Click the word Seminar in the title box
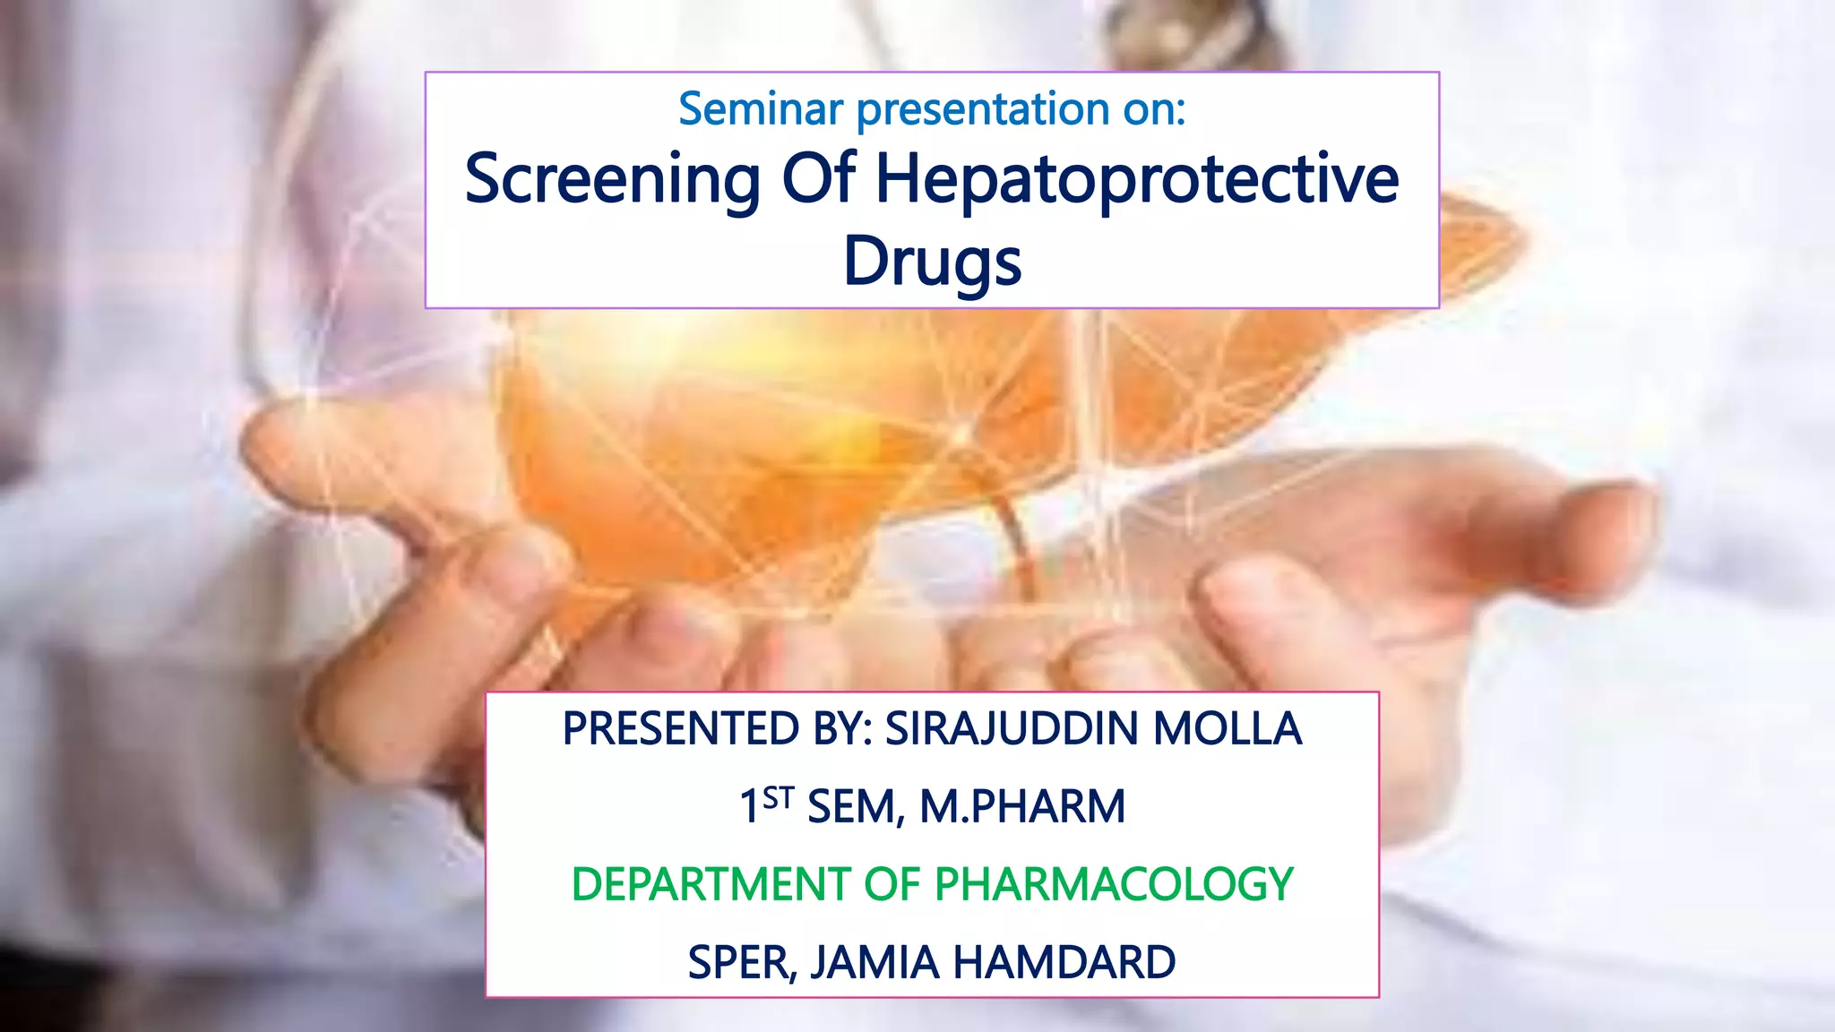tap(760, 109)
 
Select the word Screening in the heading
tap(612, 179)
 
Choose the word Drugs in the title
tap(932, 262)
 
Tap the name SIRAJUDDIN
tap(1012, 728)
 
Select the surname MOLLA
tap(1227, 728)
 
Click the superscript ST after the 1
tap(779, 796)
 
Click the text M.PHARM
tap(1022, 806)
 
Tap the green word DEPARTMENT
tap(711, 884)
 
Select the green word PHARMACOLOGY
tap(1114, 884)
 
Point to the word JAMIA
tap(874, 962)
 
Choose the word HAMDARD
tap(1064, 962)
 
